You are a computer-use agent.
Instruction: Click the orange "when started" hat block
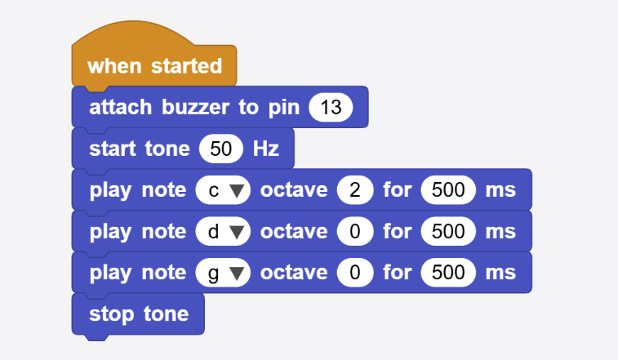pyautogui.click(x=154, y=65)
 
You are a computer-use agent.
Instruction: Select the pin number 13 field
pyautogui.click(x=331, y=107)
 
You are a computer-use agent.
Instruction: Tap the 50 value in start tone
pyautogui.click(x=220, y=149)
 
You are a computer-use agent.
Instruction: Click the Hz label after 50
pyautogui.click(x=266, y=149)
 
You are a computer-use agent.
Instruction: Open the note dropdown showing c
pyautogui.click(x=223, y=190)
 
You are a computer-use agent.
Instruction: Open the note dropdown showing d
pyautogui.click(x=223, y=232)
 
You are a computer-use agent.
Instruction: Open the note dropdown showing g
pyautogui.click(x=223, y=273)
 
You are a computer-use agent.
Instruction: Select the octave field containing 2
pyautogui.click(x=355, y=190)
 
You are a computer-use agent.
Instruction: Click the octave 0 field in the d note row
pyautogui.click(x=355, y=232)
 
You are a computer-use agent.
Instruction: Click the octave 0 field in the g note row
pyautogui.click(x=355, y=273)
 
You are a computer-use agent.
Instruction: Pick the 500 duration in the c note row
pyautogui.click(x=448, y=190)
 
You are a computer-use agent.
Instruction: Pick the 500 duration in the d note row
pyautogui.click(x=448, y=232)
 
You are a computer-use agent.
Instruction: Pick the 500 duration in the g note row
pyautogui.click(x=448, y=273)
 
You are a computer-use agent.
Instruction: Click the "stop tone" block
pyautogui.click(x=138, y=314)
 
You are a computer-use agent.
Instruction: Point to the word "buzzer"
pyautogui.click(x=195, y=107)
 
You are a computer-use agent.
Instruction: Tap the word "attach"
pyautogui.click(x=120, y=107)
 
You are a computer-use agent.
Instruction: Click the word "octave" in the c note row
pyautogui.click(x=294, y=190)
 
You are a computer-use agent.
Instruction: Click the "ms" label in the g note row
pyautogui.click(x=500, y=273)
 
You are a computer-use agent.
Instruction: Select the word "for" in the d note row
pyautogui.click(x=398, y=232)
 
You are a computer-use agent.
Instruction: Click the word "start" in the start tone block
pyautogui.click(x=113, y=149)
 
